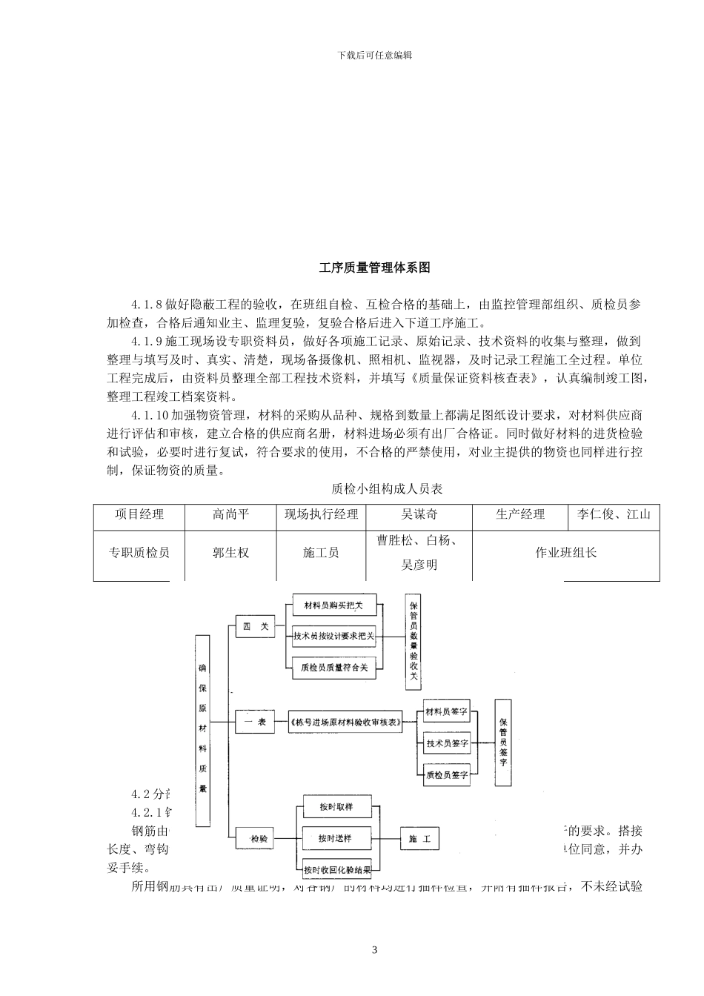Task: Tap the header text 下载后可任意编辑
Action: tap(374, 55)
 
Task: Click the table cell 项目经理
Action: tap(139, 514)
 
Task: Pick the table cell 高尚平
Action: tap(230, 514)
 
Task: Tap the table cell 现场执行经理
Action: tap(321, 514)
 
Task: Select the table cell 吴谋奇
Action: tap(419, 514)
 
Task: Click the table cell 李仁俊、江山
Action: tap(614, 514)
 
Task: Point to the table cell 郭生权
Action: tap(230, 553)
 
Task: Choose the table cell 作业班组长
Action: tap(565, 553)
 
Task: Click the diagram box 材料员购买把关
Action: tap(333, 605)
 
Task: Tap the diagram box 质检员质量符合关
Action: tap(333, 667)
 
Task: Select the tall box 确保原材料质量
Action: tap(202, 729)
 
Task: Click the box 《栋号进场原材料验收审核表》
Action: tap(345, 722)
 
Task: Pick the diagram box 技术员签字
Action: tap(447, 743)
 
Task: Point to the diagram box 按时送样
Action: tap(334, 839)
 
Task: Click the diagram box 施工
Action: tap(419, 840)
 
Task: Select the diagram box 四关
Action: tap(256, 627)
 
